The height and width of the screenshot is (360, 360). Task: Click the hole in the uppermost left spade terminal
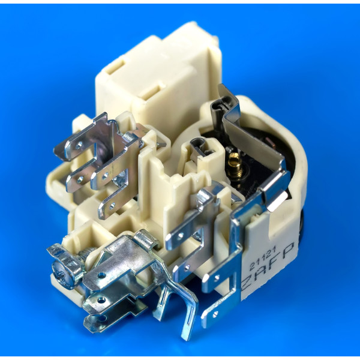pyautogui.click(x=79, y=145)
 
